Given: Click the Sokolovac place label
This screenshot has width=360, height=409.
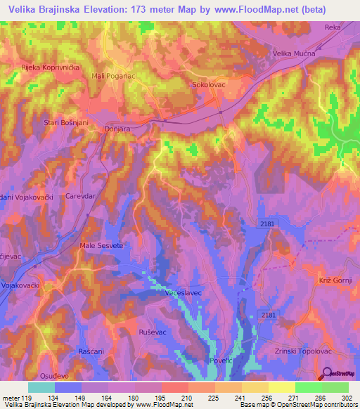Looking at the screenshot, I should tap(209, 84).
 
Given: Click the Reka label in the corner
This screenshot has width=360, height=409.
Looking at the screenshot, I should tap(333, 27).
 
